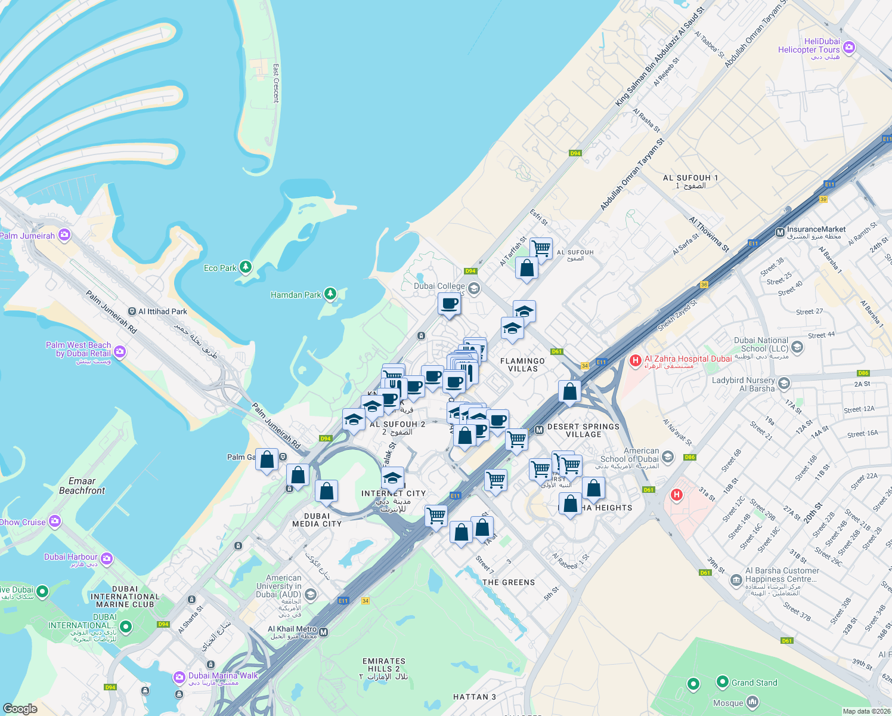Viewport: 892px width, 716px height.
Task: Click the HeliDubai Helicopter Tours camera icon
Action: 849,47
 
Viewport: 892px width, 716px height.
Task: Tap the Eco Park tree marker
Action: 245,267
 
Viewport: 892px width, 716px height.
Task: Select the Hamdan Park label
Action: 296,295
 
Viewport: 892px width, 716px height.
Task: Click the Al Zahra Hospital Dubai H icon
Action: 635,360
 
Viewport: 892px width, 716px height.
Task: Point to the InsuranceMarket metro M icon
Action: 779,233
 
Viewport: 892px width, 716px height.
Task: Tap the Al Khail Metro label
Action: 292,629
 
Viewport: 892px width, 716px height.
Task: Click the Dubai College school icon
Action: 473,289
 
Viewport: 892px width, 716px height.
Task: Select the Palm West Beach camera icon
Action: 120,351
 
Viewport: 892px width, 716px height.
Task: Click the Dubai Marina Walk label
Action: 223,676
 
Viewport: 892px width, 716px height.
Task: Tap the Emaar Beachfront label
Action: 82,486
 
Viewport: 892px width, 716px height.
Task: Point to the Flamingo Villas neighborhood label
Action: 522,365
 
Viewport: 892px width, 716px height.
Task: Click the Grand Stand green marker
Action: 722,681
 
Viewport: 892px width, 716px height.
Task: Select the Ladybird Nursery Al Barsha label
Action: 744,384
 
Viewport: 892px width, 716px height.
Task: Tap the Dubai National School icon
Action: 798,347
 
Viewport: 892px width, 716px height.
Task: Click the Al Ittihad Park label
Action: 163,311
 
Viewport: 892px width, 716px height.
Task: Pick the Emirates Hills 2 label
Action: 384,665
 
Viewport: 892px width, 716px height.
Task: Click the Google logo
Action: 20,708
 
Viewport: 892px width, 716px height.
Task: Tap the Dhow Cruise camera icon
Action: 55,522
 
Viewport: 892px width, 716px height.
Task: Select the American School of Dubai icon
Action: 667,458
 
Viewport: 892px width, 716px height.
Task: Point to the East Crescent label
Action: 275,84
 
